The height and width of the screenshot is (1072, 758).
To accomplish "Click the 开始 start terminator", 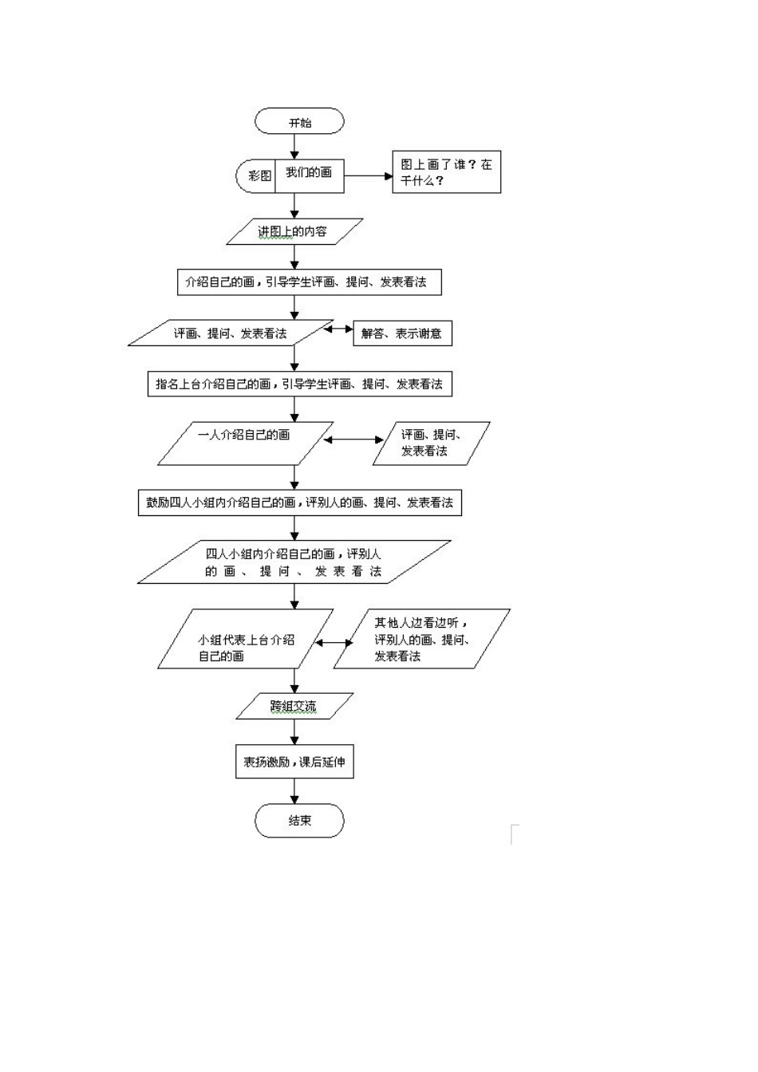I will [x=299, y=122].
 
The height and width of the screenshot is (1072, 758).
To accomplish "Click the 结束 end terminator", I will [x=299, y=821].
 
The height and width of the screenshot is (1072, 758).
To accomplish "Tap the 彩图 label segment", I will [x=257, y=175].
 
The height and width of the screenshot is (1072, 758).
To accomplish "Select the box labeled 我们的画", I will [x=310, y=174].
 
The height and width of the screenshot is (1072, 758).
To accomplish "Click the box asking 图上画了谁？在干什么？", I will [x=446, y=172].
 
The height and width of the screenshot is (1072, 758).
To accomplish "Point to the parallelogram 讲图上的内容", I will [x=294, y=231].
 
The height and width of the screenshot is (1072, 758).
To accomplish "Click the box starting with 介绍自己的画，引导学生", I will [x=308, y=282].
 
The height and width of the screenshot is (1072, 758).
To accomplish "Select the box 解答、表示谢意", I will [x=402, y=333].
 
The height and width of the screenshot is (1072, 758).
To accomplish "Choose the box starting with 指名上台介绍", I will [x=299, y=384].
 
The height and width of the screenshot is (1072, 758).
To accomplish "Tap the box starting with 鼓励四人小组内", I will [x=299, y=503].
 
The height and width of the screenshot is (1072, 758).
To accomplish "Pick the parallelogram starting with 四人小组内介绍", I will [x=294, y=562].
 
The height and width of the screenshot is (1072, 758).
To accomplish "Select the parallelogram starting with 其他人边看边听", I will [x=421, y=639].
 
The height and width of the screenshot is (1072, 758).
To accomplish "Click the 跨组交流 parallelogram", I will [x=294, y=706].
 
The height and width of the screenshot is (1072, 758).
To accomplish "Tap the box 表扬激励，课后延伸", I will [x=294, y=762].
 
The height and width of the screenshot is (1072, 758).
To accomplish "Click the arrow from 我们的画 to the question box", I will [x=368, y=175].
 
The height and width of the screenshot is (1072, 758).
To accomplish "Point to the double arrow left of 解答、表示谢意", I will [x=338, y=329].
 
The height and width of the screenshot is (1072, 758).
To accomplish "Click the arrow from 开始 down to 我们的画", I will [x=295, y=144].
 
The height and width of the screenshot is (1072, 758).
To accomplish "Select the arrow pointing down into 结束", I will [x=295, y=791].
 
